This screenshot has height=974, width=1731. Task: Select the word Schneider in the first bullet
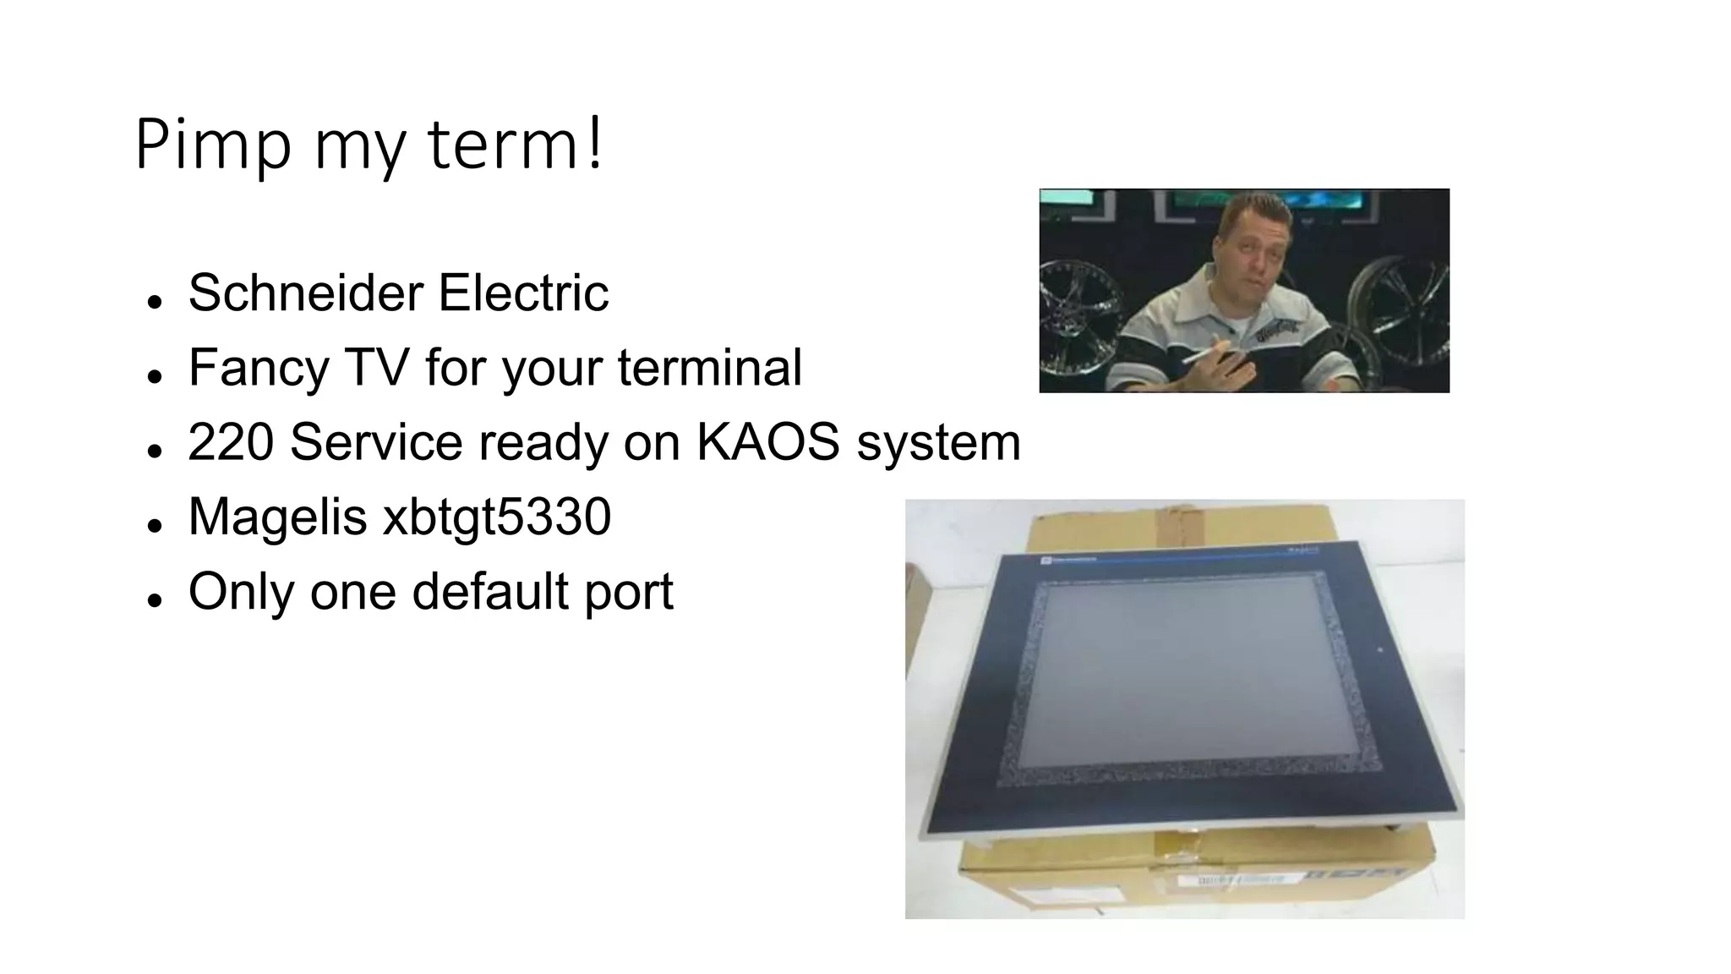pos(305,293)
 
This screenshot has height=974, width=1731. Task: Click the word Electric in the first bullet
pos(523,293)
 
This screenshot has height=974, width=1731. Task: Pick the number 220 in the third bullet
pos(231,441)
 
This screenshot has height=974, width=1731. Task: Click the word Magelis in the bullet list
pos(277,516)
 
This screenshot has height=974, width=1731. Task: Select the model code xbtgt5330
pos(497,516)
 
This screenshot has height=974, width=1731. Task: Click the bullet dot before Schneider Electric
pos(154,303)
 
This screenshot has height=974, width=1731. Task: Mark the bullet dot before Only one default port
pos(154,600)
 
